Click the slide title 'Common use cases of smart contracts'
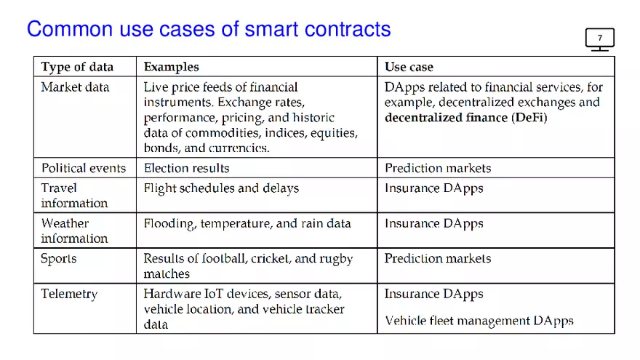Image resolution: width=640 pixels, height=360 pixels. coord(209,29)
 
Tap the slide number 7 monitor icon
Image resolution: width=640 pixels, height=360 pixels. coord(599,39)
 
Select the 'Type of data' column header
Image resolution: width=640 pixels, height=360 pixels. coord(77,67)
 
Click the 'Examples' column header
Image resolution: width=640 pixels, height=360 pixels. coord(171,67)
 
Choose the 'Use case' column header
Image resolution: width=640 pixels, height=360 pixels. coord(409,67)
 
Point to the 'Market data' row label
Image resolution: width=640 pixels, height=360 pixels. coord(75,87)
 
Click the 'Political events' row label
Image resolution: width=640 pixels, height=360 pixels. coord(83,168)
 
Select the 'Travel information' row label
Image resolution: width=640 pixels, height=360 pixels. coord(74,196)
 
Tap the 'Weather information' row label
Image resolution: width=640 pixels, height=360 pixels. coord(74,231)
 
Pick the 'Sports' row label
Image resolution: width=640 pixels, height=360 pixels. coord(58,259)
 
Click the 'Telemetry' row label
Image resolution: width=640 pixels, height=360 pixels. coord(69,294)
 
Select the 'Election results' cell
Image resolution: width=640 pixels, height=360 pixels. coord(186,168)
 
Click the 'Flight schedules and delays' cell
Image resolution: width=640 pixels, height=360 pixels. coord(221,188)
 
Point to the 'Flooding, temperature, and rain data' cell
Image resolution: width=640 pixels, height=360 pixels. coord(247,224)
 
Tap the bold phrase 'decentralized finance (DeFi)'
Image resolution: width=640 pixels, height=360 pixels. coord(465,118)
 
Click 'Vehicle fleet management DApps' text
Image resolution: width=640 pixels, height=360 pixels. coord(479,321)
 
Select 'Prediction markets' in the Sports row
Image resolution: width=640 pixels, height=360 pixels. coord(437,259)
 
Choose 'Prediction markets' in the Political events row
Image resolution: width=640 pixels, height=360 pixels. coord(437,168)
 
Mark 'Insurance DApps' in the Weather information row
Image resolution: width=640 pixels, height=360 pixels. coord(433,224)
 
